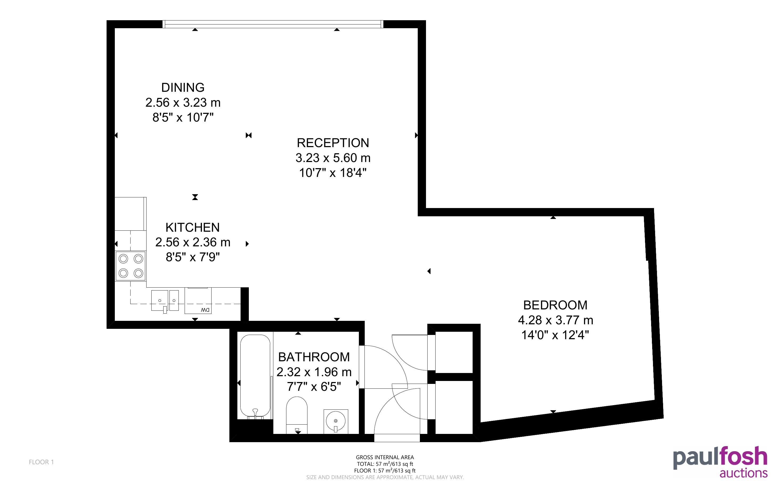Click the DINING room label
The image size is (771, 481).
(183, 88)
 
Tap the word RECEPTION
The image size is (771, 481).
(333, 143)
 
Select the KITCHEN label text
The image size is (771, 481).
(192, 227)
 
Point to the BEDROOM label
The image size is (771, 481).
(555, 305)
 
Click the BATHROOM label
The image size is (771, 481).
(314, 357)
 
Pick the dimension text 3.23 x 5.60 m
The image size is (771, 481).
(333, 158)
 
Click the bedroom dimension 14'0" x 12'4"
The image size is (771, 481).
(555, 335)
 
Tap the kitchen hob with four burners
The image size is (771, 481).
(131, 266)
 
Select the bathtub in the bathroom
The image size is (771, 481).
(255, 377)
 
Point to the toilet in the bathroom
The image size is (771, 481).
(297, 414)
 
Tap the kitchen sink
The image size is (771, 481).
(165, 301)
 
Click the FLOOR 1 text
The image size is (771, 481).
(41, 462)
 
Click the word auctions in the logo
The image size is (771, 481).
(743, 473)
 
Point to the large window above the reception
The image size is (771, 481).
(273, 24)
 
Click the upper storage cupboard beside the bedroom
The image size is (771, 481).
(454, 352)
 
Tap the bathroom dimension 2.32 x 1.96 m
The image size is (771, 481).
(314, 372)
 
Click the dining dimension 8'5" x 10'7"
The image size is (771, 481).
(183, 117)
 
